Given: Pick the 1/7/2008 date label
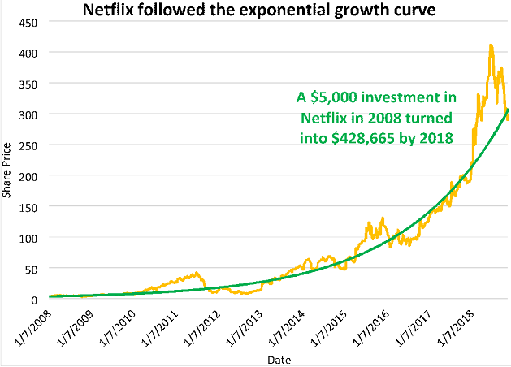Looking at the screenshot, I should coord(34,322).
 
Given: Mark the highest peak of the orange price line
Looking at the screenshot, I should coord(491,46).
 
